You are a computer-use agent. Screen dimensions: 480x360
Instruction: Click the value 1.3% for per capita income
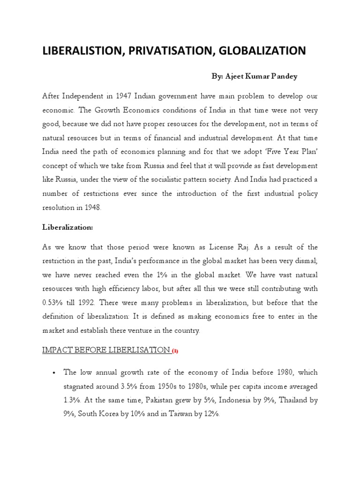click(72, 400)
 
